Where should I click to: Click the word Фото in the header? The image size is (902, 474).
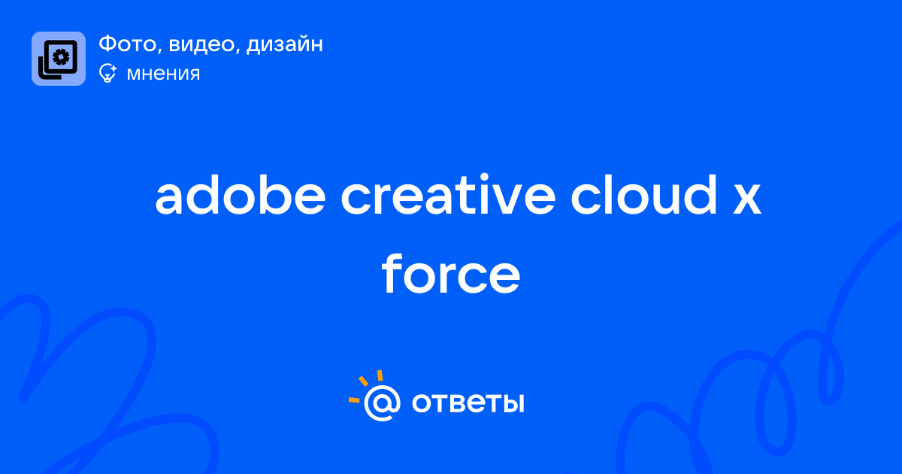127,44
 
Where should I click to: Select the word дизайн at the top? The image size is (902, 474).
285,44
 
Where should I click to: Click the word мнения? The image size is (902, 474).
163,74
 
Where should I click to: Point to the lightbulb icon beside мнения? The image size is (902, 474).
107,73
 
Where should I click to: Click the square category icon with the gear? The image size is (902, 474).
59,59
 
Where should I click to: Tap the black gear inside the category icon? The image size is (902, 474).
61,57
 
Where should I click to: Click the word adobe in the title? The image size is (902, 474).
241,195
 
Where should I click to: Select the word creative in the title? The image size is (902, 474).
448,195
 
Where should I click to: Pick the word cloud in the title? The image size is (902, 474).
644,195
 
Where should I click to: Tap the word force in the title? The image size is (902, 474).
451,274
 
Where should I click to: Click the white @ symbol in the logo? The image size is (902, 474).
382,403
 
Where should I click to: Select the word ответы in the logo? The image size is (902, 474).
468,403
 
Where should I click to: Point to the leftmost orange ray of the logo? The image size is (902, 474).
354,400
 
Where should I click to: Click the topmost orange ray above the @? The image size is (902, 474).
380,375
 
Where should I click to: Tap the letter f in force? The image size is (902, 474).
392,274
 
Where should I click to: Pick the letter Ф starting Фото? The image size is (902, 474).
108,44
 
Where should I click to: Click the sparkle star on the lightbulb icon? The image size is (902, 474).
113,69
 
